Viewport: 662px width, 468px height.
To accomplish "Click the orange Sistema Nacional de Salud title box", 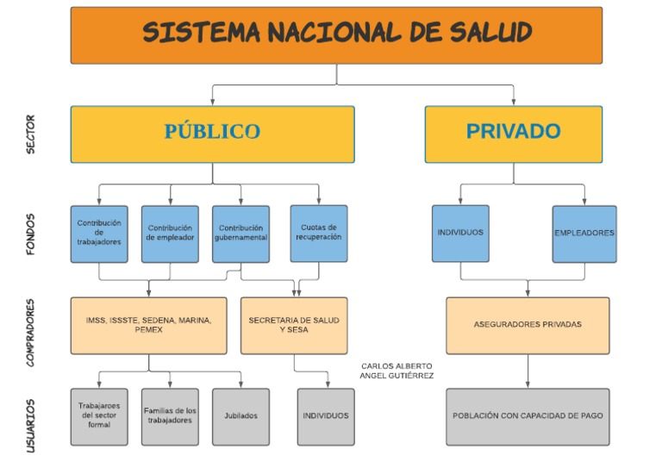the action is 336,35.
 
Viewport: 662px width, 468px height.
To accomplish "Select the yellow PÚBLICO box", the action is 212,134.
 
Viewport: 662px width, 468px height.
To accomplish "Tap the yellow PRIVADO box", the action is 514,134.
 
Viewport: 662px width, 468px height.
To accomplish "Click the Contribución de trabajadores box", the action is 99,234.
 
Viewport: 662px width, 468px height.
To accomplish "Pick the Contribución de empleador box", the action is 170,234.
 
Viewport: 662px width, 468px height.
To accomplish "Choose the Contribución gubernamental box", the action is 240,234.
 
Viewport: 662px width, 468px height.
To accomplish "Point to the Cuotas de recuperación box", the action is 319,234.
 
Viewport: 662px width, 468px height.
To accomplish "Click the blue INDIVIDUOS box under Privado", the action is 460,234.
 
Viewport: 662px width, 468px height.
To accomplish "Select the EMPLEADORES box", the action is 584,234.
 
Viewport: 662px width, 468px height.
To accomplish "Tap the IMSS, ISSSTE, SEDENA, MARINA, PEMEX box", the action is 148,326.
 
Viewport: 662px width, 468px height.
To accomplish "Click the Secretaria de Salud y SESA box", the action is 294,326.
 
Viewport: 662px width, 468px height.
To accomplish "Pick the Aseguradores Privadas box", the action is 528,326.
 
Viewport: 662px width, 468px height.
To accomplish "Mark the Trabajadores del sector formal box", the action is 99,417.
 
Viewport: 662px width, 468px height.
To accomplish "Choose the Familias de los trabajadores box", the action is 170,417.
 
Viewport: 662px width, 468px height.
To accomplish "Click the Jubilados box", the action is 240,417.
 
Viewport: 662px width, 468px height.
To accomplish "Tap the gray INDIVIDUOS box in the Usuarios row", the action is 326,417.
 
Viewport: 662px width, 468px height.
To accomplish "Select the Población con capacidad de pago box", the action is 528,417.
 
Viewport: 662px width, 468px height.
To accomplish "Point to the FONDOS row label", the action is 30,234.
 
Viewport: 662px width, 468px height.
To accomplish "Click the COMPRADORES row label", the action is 30,333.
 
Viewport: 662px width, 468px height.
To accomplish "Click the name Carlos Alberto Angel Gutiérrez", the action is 397,371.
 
